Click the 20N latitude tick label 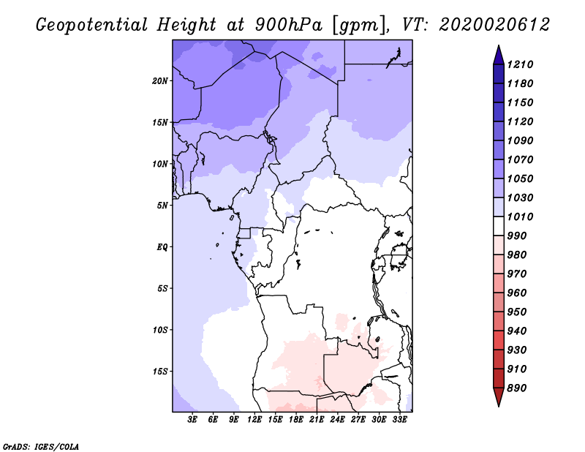(x=159, y=81)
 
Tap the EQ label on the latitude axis (x=162, y=247)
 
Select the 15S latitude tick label (x=159, y=372)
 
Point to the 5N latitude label (x=162, y=206)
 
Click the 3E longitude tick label (x=192, y=420)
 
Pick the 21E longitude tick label (x=317, y=420)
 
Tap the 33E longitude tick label (x=399, y=420)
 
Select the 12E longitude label (x=254, y=420)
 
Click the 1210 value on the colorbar (x=520, y=64)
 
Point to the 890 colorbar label (x=517, y=388)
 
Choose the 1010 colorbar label (x=520, y=216)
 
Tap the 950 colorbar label (x=517, y=312)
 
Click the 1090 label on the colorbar (x=520, y=140)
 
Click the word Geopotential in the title (x=92, y=26)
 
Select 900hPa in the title (x=288, y=25)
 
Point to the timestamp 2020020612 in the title (x=494, y=25)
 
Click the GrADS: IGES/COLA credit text (x=41, y=447)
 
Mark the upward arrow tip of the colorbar (x=499, y=45)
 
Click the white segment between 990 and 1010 (x=499, y=226)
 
